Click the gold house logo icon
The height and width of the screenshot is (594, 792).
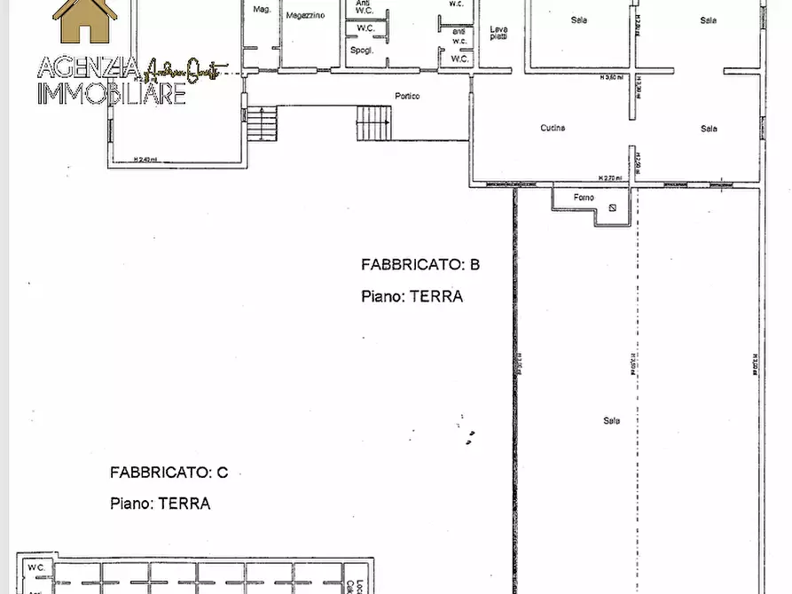coord(85,20)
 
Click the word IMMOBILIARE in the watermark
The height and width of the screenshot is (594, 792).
coord(112,93)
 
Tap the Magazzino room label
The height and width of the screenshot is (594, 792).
coord(304,16)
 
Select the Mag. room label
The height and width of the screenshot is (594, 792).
coord(261,10)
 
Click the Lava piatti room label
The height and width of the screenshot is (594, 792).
coord(499,34)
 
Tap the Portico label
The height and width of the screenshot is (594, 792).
coord(407,96)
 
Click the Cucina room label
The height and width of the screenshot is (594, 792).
coord(553,129)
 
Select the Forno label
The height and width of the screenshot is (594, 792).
coord(583,198)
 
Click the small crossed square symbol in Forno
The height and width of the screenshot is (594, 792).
coord(613,209)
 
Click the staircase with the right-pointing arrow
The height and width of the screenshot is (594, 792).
coord(262,123)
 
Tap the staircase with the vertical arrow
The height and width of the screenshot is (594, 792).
coord(373,123)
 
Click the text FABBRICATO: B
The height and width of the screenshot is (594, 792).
coord(420,264)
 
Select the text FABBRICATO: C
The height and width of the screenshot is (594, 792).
coord(169,473)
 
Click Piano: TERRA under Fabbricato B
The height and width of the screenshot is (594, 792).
coord(412,297)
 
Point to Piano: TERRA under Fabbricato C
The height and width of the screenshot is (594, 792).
coord(161,504)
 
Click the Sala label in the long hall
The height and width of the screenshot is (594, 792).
coord(611,421)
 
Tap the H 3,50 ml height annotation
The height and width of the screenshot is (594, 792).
coord(612,77)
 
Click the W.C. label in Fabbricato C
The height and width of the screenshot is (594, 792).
coord(35,567)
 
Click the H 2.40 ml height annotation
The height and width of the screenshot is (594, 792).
coord(145,160)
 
